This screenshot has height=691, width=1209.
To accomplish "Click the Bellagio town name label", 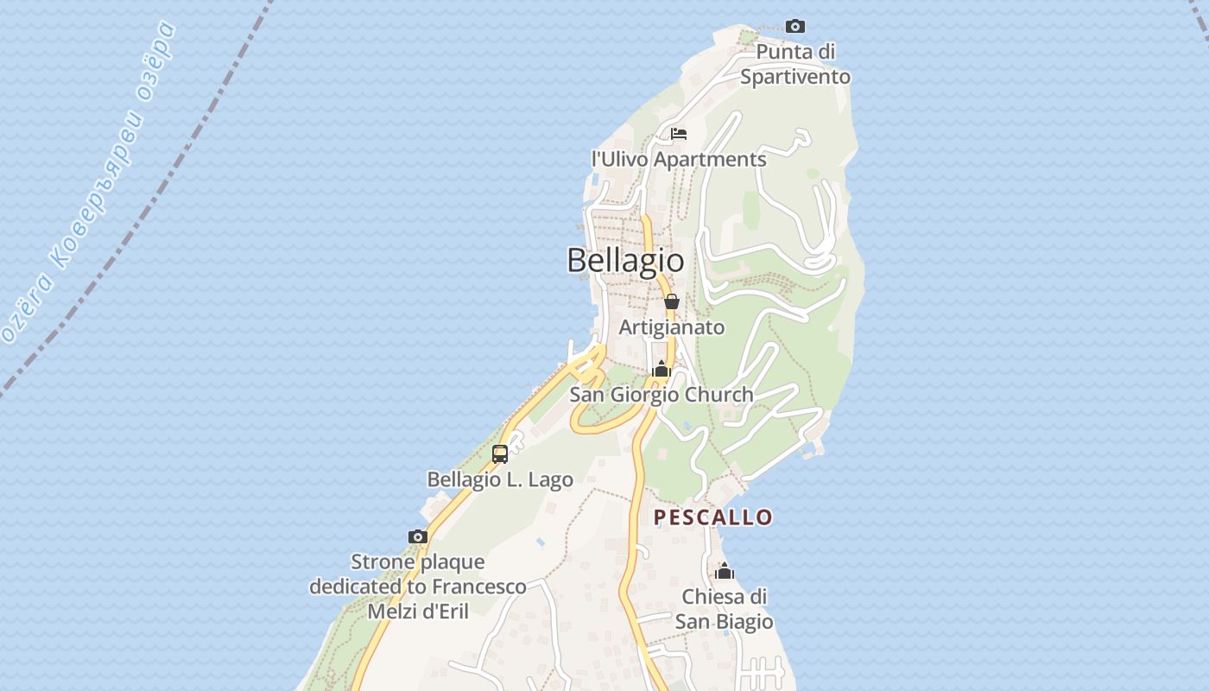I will [x=625, y=260].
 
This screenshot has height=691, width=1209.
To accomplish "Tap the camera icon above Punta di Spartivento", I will [x=794, y=27].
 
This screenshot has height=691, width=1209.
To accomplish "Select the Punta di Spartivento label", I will [x=795, y=65].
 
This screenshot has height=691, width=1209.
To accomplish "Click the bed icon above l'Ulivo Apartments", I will [x=679, y=134].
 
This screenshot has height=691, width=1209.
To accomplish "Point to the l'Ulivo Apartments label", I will [x=679, y=160].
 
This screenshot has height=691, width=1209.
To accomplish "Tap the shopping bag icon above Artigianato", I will [x=671, y=301].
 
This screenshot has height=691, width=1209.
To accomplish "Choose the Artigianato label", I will [x=672, y=328].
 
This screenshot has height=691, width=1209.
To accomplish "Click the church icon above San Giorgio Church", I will [x=661, y=370].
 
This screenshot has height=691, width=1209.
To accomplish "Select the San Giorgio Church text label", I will [x=661, y=395].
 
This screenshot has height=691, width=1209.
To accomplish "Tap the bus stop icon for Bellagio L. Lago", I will [x=500, y=454].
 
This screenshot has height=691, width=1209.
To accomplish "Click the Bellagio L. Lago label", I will [x=500, y=479].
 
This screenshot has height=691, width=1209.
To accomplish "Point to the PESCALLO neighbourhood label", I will [x=712, y=517].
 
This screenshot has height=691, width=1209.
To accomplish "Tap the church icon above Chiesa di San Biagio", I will [x=725, y=572].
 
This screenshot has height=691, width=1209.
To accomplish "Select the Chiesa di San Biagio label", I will [x=724, y=609].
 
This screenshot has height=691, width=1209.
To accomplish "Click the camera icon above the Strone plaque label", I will [x=418, y=536].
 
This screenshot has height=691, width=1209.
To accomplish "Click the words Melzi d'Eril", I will [x=418, y=612].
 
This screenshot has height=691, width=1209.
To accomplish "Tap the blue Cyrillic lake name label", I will [x=92, y=181].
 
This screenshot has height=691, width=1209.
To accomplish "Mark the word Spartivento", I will [x=795, y=77].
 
